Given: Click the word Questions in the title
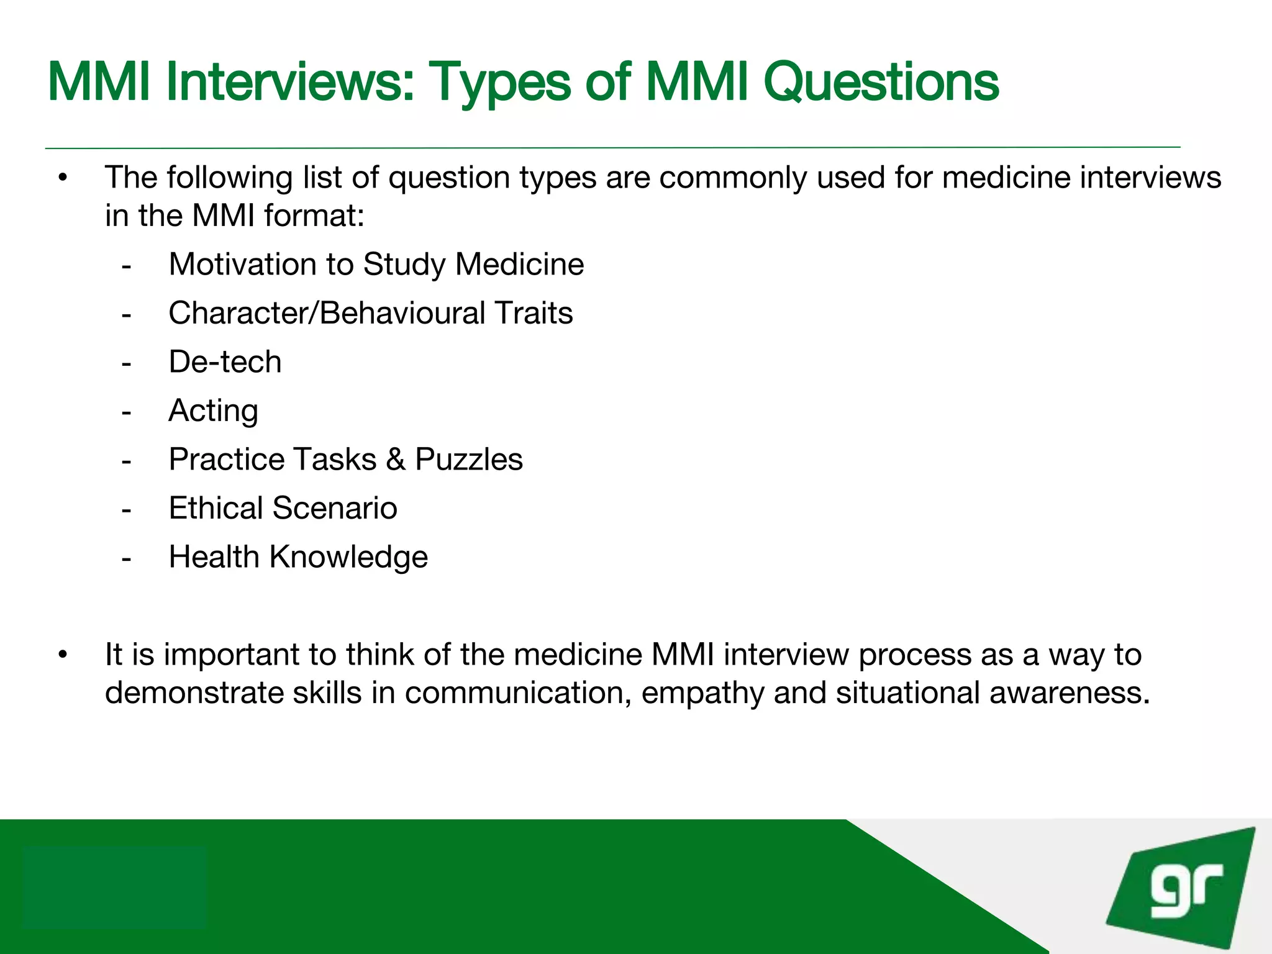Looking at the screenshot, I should (x=881, y=82).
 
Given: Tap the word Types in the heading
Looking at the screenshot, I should (x=499, y=83).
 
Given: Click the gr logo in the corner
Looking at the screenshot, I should (x=1183, y=889).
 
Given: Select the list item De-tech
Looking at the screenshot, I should (x=225, y=361).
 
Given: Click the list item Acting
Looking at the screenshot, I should (x=213, y=411).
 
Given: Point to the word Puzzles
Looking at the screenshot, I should (x=468, y=460).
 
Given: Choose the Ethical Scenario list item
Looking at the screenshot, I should (x=283, y=508).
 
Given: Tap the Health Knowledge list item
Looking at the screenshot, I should (x=298, y=557).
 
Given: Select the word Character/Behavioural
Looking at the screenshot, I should (x=327, y=313).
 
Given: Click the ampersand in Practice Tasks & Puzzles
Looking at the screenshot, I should (x=396, y=460).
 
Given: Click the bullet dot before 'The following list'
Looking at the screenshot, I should (x=62, y=179).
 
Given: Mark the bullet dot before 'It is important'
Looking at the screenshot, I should (x=62, y=655).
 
